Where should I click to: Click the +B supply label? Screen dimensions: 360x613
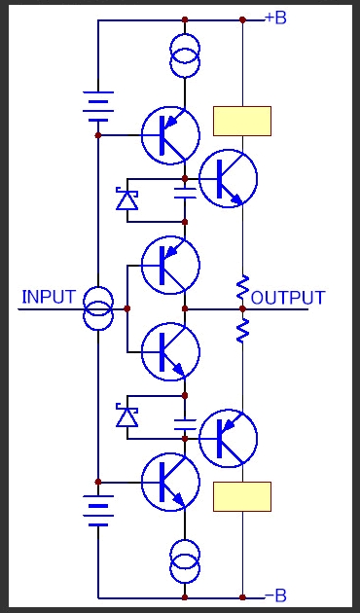coord(276,18)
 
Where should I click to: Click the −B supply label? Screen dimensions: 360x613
coord(276,595)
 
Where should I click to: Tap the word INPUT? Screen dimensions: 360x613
coord(49,297)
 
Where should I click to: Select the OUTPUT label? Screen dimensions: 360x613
coord(288,298)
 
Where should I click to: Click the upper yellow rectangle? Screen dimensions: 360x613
coord(242,121)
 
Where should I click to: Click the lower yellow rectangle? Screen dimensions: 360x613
coord(242,496)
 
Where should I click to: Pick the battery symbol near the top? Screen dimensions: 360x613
coord(98,106)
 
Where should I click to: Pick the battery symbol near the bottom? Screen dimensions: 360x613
coord(98,511)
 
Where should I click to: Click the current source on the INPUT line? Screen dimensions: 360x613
coord(98,308)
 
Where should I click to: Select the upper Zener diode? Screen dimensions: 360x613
coord(127,199)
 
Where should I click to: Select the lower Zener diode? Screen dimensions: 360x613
coord(127,415)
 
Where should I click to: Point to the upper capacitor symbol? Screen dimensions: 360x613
coord(185,193)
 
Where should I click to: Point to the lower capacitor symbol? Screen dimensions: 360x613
coord(185,424)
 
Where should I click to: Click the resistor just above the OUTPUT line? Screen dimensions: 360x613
coord(242,287)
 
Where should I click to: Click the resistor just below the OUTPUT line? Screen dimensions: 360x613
coord(242,331)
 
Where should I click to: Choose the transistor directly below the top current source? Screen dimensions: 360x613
coord(170,135)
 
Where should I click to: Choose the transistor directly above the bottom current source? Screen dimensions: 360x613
coord(170,482)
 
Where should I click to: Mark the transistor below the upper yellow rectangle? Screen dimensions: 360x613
coord(229,178)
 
